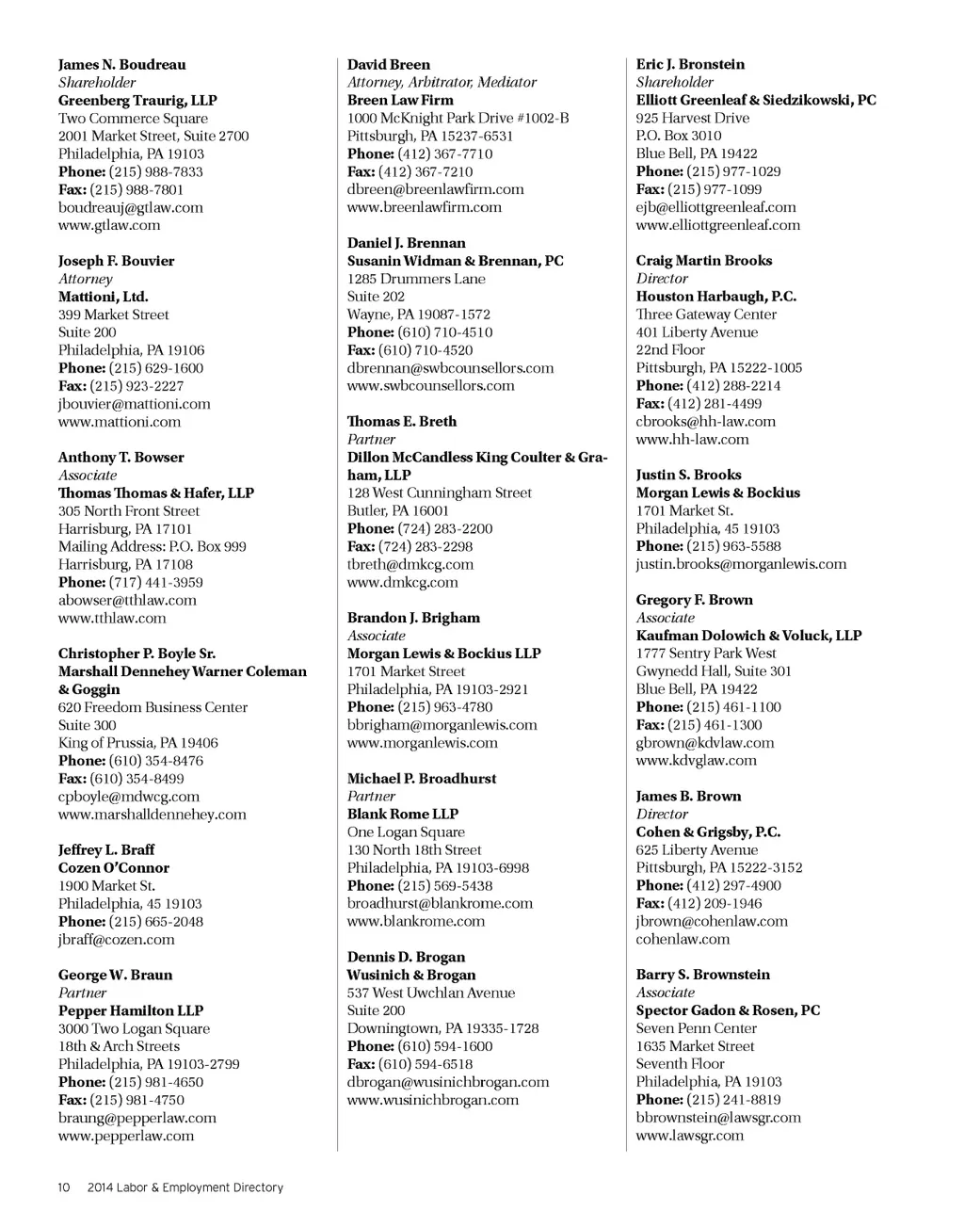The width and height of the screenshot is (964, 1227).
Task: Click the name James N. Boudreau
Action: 121,65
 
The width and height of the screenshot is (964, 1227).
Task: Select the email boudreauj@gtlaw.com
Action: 130,207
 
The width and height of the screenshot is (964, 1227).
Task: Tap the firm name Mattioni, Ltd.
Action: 103,297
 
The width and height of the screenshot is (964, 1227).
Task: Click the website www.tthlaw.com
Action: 112,619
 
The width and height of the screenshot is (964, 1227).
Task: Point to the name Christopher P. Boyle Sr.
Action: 137,654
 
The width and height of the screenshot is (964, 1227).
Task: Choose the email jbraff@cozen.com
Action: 116,940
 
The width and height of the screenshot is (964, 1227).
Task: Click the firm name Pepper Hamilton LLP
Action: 131,1010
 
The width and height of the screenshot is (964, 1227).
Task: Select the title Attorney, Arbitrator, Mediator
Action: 442,83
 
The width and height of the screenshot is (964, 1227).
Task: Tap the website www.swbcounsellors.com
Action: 430,386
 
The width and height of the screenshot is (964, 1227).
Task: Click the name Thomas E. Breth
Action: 401,422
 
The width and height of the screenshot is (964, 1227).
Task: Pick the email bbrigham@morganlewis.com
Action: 442,725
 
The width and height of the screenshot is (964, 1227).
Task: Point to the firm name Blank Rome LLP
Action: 402,815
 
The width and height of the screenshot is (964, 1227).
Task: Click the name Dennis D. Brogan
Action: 406,958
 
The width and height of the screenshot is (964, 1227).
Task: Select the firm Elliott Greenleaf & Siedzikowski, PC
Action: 755,100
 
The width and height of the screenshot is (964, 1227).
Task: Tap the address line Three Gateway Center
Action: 706,315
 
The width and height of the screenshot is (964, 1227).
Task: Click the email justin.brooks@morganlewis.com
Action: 741,564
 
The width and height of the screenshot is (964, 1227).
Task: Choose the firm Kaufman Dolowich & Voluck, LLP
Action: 748,636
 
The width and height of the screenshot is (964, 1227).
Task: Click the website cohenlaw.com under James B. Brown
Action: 683,939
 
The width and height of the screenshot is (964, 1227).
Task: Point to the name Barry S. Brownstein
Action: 702,975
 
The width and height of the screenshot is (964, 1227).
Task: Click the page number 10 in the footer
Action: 64,1187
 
